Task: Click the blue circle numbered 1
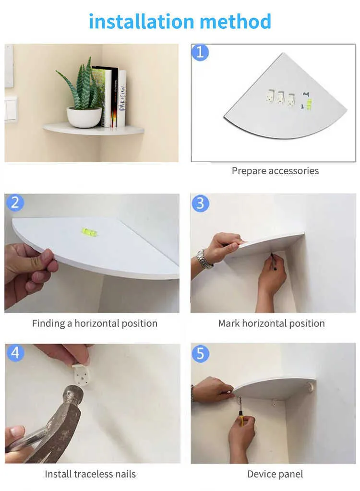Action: [200, 52]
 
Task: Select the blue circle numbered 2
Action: [15, 203]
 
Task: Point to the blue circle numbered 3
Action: [200, 203]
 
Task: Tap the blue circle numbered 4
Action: [15, 353]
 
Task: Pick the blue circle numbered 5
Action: [200, 354]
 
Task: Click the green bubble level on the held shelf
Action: [89, 232]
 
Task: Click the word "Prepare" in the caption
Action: [249, 171]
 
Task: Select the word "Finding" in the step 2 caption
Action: [48, 323]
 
